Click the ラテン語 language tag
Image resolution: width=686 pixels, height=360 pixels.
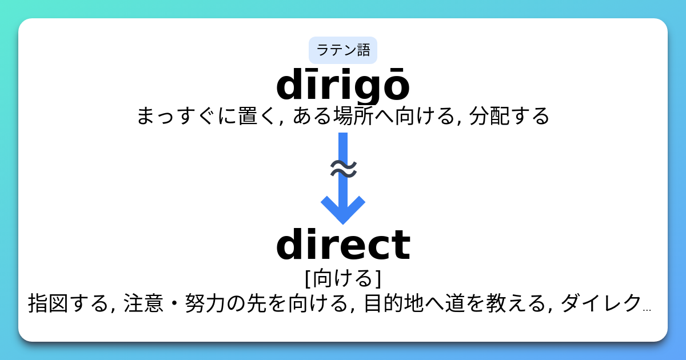[343, 50]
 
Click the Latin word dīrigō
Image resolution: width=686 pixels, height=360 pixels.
[343, 86]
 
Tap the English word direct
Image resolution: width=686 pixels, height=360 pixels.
[343, 245]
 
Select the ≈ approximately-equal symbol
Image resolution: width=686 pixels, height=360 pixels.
[344, 169]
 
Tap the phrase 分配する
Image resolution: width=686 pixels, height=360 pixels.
[509, 117]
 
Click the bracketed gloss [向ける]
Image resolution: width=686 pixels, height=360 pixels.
[343, 278]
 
